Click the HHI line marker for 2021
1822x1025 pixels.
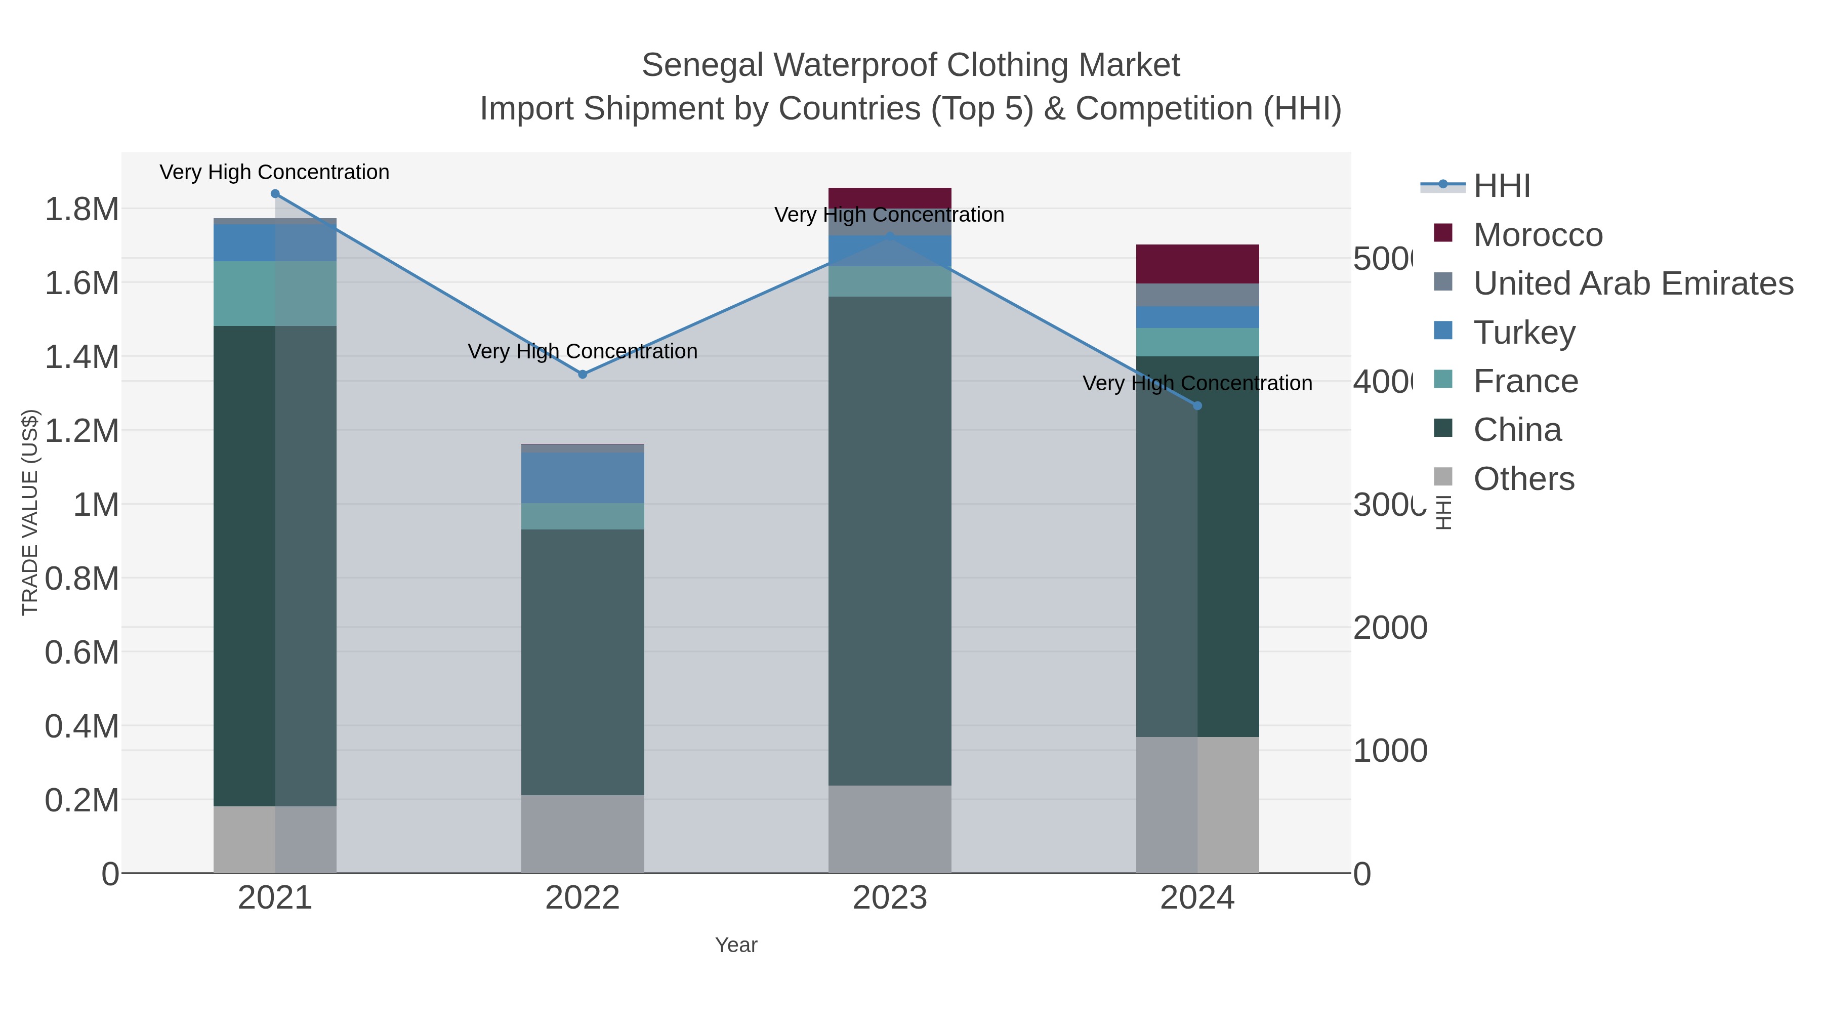tap(275, 194)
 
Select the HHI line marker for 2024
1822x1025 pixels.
tap(1197, 405)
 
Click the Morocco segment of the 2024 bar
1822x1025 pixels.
tap(1197, 264)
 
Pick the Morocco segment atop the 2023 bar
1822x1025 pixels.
tap(890, 197)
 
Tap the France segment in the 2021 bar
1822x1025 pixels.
tap(275, 294)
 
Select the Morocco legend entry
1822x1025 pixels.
tap(1538, 235)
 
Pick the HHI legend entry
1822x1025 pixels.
tap(1502, 186)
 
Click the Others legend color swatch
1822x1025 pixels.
tap(1443, 477)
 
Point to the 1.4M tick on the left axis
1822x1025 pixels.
tap(82, 356)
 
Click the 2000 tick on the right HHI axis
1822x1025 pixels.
tap(1390, 628)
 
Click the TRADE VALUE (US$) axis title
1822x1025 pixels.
tap(30, 511)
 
